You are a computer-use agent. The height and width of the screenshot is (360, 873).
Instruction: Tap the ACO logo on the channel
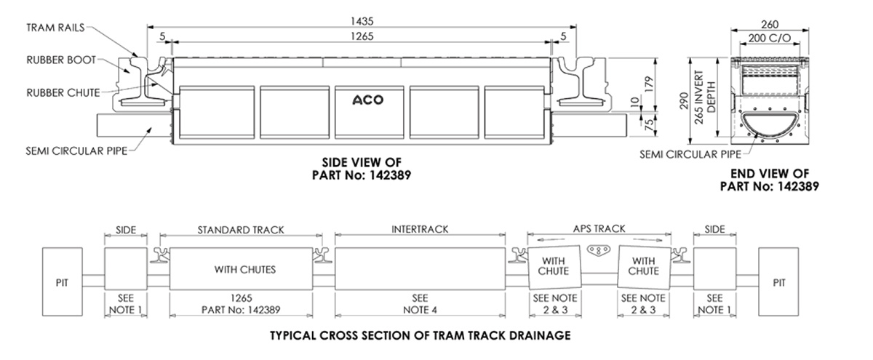tap(368, 100)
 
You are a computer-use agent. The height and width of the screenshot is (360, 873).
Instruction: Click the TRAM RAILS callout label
tap(55, 27)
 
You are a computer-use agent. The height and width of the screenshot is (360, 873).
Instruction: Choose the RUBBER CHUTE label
tap(63, 92)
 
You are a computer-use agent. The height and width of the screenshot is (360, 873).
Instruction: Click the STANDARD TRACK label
tap(240, 229)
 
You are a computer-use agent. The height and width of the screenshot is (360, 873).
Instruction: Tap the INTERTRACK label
tap(420, 229)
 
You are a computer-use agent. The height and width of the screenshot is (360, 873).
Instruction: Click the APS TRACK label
tap(599, 229)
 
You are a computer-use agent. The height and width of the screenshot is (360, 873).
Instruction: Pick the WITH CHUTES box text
tap(240, 269)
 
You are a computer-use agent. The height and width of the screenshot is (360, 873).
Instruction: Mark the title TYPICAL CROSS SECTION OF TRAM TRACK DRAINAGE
tap(420, 336)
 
